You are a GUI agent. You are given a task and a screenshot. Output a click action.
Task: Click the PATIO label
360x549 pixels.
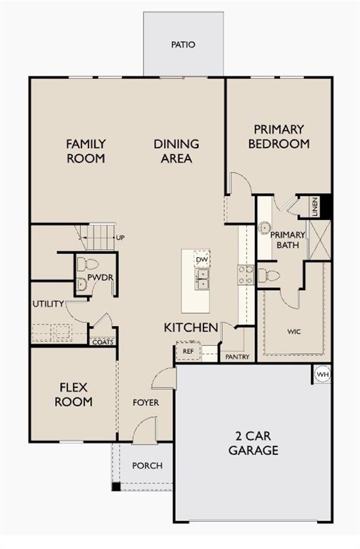click(x=183, y=44)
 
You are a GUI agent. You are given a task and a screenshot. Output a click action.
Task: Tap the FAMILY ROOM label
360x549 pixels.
click(x=86, y=151)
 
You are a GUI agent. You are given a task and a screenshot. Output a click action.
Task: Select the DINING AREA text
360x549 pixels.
click(x=176, y=151)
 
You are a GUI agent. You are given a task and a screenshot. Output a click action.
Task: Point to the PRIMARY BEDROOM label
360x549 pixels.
click(x=279, y=137)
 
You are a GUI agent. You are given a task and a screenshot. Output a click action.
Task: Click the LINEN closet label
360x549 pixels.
click(x=314, y=207)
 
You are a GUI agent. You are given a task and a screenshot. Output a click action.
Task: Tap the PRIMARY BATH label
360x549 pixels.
click(x=288, y=240)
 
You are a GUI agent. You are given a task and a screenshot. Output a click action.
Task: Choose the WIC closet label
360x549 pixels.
click(x=294, y=332)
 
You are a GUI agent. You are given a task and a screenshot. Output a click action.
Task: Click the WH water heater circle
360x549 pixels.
click(x=322, y=374)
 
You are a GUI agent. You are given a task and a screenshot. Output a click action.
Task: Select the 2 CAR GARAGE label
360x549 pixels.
click(x=253, y=443)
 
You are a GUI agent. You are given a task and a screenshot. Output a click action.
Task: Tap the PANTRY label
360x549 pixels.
click(x=236, y=357)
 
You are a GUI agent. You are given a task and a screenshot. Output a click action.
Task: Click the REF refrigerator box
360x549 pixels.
click(x=188, y=351)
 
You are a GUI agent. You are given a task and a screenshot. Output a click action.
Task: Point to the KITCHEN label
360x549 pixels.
click(x=191, y=327)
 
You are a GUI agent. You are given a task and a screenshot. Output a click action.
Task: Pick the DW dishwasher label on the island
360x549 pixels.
click(x=201, y=259)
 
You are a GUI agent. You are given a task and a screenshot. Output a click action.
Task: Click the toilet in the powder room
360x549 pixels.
click(x=82, y=264)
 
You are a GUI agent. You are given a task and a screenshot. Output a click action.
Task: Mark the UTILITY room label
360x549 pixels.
click(x=48, y=304)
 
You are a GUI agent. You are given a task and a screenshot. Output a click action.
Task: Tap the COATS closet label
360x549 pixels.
click(x=102, y=342)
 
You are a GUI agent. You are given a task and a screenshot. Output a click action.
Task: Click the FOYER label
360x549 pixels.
click(x=146, y=402)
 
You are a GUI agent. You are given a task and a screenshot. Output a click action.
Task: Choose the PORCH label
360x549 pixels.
click(x=147, y=465)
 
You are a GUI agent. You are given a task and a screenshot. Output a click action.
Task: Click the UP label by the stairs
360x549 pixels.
click(x=120, y=237)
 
